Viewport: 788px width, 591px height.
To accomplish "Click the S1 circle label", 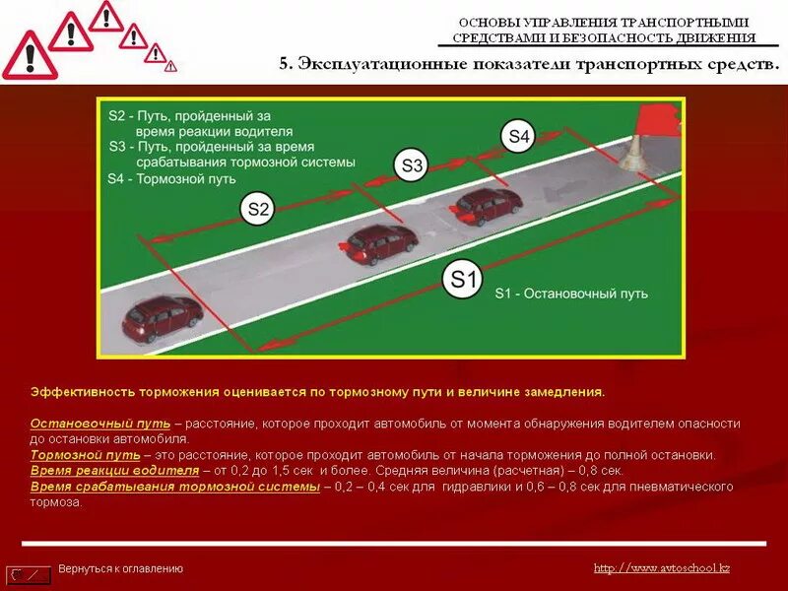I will click(463, 281).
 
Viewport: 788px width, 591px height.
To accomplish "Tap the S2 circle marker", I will click(258, 208).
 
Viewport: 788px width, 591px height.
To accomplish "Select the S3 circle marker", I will click(412, 166).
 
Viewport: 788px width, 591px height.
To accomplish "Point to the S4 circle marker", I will click(519, 137).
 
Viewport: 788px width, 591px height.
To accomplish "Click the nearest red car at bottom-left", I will click(163, 317).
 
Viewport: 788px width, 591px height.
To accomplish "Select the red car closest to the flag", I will click(489, 206).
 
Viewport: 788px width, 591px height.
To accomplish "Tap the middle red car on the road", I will click(382, 243).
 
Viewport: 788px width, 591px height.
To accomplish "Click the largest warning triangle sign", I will click(29, 56).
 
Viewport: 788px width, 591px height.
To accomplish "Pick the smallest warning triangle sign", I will click(171, 66).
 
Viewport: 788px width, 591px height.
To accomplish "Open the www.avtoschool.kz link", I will click(662, 567).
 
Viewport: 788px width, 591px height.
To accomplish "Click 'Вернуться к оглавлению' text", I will click(120, 568).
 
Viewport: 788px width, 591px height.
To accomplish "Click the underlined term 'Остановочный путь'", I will click(100, 423).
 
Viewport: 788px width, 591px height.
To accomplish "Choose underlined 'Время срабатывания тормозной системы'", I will click(174, 487).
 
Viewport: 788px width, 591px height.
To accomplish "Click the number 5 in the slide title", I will click(285, 64).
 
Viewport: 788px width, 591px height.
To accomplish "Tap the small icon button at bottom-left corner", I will click(29, 573).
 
